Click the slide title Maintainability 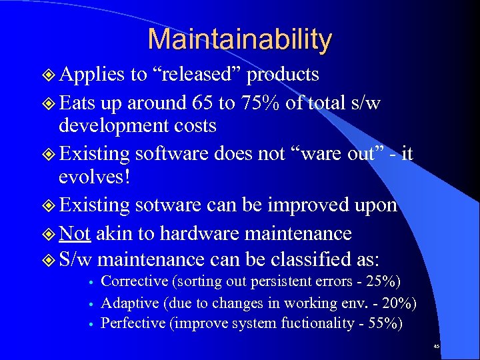click(x=239, y=39)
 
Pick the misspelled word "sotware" click(x=169, y=205)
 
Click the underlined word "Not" click(x=75, y=233)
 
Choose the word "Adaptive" click(x=130, y=303)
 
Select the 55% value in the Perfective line click(x=385, y=324)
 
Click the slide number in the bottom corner click(x=436, y=347)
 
